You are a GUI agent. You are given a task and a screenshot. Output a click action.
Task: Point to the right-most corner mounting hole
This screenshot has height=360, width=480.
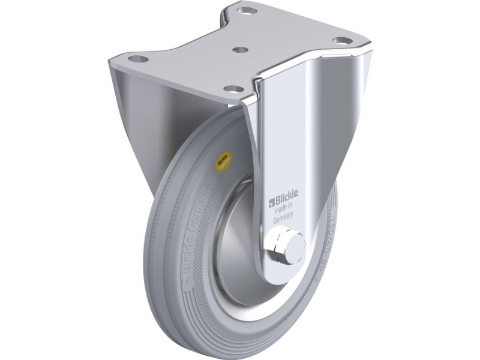click(x=341, y=41)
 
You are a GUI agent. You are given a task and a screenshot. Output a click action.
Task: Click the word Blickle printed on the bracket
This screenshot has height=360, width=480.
click(x=289, y=199)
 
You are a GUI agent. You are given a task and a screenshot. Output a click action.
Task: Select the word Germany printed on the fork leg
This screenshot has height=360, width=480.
click(x=286, y=220)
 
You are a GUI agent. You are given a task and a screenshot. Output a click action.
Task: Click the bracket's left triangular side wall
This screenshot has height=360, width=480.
click(x=135, y=120)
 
